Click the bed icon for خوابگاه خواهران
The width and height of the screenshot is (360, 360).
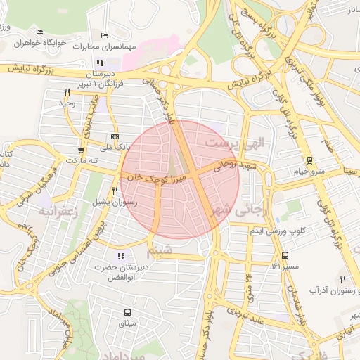click(x=39, y=32)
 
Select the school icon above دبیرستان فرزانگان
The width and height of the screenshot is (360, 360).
click(x=109, y=63)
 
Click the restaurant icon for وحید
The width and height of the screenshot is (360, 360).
click(x=67, y=92)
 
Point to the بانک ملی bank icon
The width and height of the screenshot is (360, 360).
click(x=115, y=137)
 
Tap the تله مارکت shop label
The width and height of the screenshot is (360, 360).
click(x=80, y=160)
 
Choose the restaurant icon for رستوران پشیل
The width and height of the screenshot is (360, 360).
click(x=115, y=191)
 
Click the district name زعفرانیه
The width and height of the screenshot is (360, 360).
click(x=56, y=210)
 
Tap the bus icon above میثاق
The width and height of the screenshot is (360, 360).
click(x=127, y=312)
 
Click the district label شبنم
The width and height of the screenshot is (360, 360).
click(x=158, y=250)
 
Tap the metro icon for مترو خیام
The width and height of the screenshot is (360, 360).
click(x=310, y=161)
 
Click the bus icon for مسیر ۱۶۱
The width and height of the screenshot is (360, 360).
click(x=285, y=256)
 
